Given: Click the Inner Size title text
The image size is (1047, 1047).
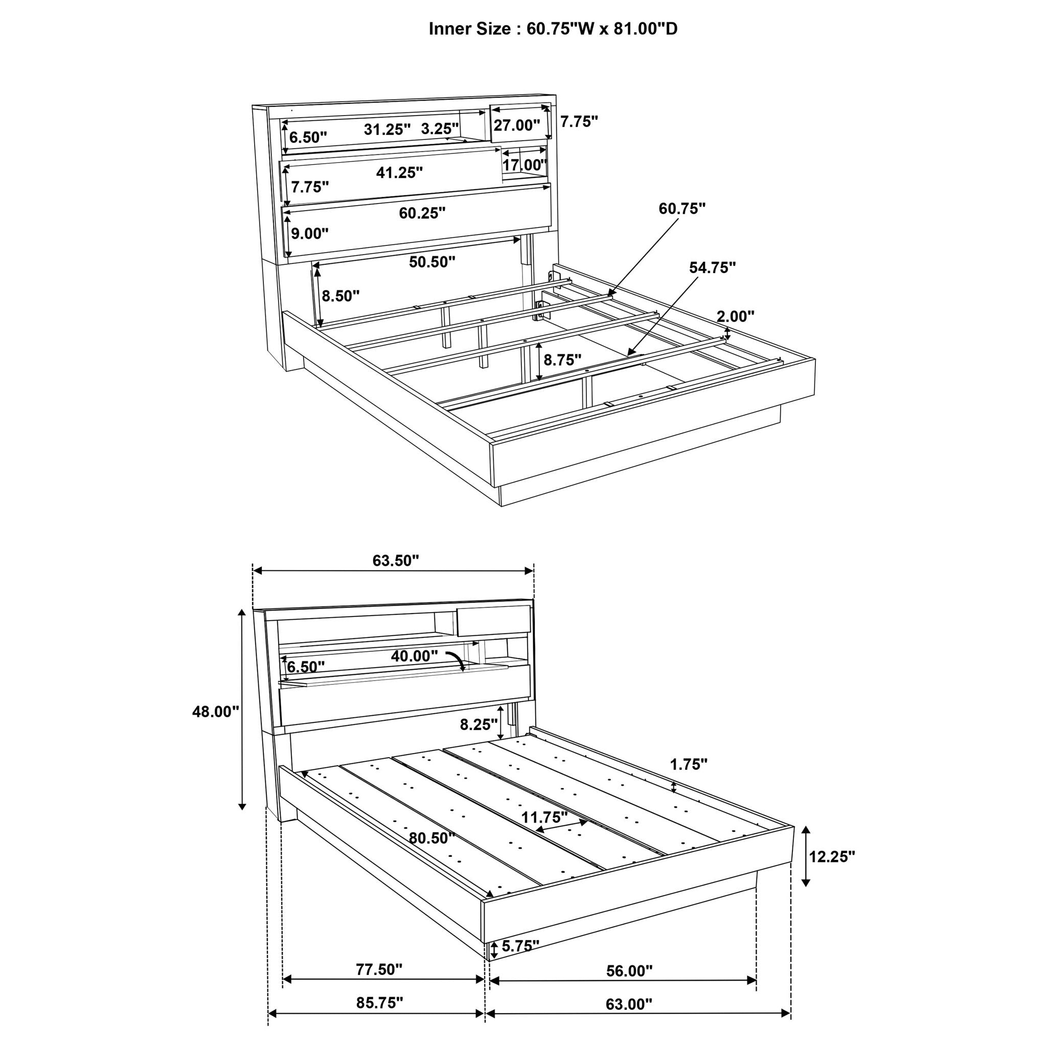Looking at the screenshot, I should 553,29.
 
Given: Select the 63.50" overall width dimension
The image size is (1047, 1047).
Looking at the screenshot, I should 396,560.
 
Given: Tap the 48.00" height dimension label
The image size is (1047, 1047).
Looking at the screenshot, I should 215,712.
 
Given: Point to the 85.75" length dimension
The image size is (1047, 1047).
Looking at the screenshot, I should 379,1003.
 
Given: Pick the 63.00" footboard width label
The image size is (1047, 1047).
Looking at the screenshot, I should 629,1004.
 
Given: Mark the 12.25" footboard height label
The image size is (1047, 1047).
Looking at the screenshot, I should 832,856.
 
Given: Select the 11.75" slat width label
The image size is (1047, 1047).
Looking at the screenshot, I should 544,816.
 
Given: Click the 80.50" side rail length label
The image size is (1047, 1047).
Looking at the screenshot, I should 431,838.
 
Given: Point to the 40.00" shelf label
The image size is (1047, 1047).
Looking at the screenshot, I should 414,656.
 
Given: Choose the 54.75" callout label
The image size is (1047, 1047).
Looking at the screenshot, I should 712,267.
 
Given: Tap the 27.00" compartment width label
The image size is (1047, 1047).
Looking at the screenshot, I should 516,125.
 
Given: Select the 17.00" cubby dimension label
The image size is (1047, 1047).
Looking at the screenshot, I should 525,165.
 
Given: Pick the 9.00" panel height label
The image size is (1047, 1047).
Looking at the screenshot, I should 309,234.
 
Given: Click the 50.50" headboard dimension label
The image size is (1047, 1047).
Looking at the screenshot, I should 431,262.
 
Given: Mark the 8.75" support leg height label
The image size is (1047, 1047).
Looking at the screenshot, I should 562,359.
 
